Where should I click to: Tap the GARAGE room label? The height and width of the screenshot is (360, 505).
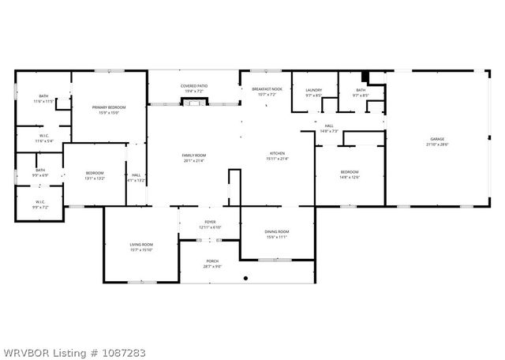436,140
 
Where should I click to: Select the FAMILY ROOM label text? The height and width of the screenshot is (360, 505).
194,156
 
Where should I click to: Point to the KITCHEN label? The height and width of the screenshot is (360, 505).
277,153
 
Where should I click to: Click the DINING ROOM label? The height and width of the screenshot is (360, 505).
276,231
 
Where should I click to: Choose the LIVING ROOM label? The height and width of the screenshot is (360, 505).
141,245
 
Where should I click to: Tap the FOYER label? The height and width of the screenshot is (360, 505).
211,223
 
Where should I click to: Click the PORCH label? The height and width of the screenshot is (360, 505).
212,261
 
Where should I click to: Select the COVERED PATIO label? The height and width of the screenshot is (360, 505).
193,86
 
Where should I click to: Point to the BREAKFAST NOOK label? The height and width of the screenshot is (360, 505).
267,89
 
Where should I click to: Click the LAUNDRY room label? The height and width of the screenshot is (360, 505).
314,90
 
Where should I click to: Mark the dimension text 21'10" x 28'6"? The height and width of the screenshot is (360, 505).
436,144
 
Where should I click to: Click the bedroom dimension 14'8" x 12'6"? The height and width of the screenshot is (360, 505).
349,177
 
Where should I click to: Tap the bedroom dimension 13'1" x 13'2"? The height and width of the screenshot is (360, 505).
94,177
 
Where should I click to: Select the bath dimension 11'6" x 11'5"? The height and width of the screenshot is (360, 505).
43,102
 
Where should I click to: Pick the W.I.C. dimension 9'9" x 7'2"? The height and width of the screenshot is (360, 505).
40,207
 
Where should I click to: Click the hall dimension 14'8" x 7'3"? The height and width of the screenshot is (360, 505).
329,130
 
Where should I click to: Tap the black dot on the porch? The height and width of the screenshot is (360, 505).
245,279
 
